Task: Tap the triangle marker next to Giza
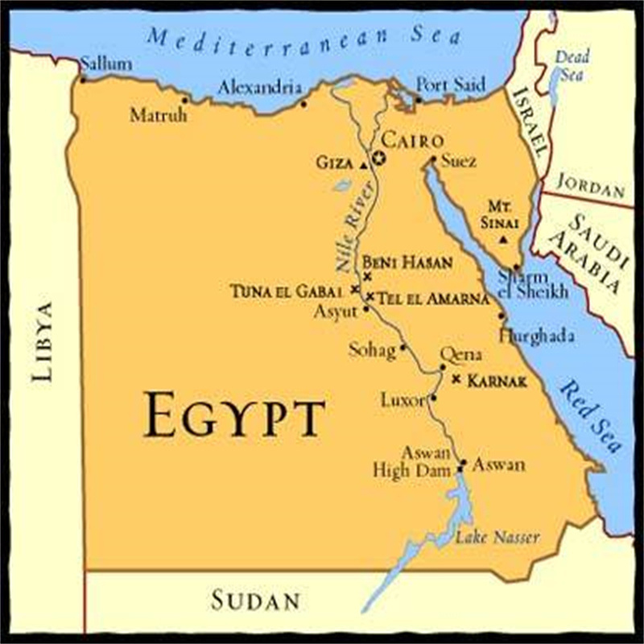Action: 364,164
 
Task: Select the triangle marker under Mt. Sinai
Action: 503,240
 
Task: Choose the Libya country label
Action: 42,341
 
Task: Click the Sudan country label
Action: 255,600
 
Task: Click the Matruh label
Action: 159,116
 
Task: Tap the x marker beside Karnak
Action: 456,378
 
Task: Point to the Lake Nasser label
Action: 497,537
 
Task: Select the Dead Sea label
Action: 572,64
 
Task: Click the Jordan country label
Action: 590,187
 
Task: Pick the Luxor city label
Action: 402,399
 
